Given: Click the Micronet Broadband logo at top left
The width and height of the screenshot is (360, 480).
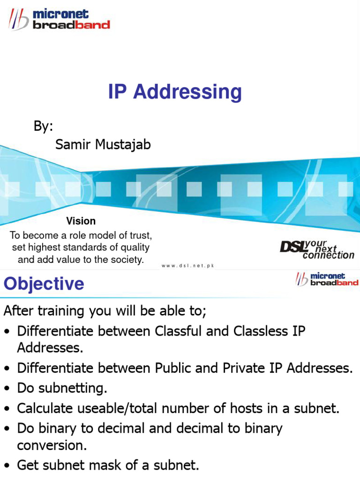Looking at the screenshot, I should click(x=59, y=20).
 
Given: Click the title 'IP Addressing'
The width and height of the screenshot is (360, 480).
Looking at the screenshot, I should click(x=175, y=92).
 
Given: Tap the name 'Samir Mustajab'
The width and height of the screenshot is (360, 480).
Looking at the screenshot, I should click(x=103, y=144).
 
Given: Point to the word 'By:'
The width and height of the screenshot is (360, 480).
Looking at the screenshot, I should click(x=43, y=126).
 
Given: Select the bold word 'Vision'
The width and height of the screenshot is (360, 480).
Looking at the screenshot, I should click(x=81, y=221).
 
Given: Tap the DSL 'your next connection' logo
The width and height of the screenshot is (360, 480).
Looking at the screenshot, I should click(x=317, y=249).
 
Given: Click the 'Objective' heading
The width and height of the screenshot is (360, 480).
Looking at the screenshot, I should click(x=44, y=284).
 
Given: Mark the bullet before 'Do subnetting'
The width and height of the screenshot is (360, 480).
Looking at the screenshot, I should click(x=7, y=389).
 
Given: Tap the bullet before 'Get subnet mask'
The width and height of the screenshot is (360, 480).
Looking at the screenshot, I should click(x=7, y=465).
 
